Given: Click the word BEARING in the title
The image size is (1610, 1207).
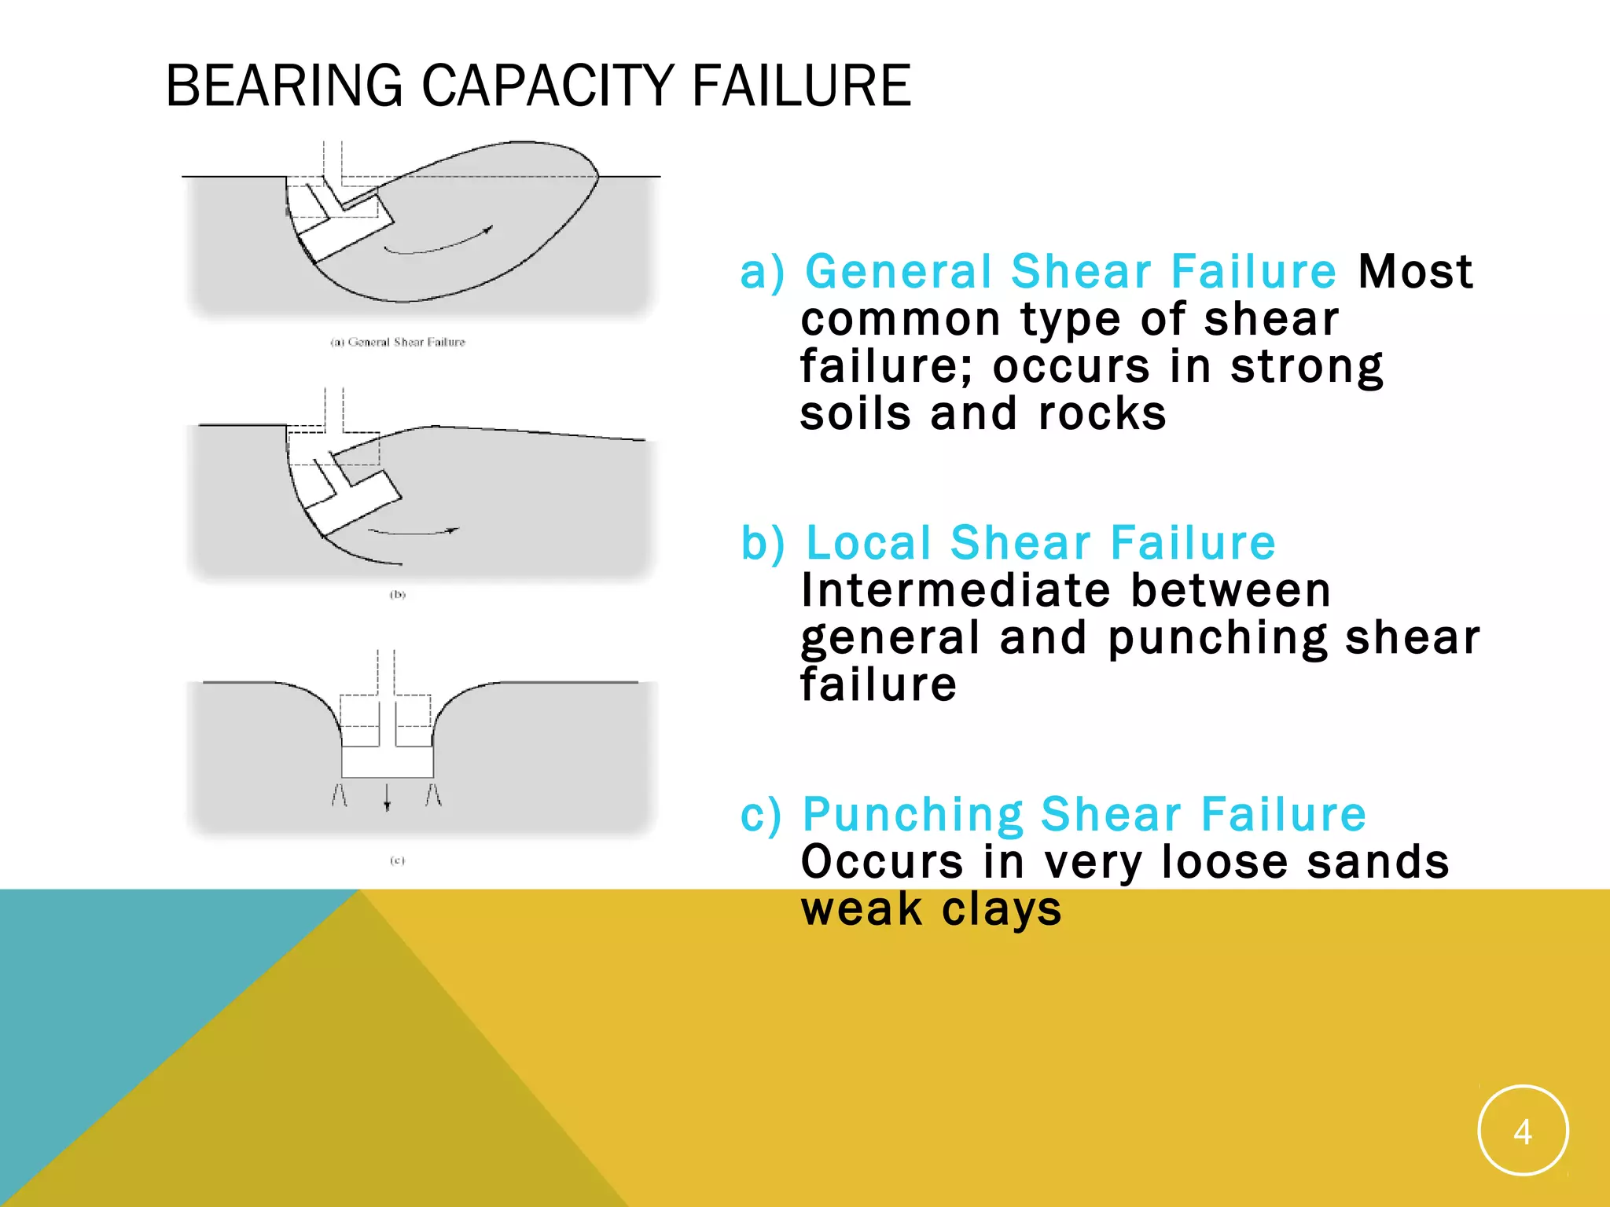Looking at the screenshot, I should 284,86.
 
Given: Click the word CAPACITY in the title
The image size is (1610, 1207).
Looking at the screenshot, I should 548,86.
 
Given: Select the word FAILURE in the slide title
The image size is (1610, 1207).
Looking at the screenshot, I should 801,86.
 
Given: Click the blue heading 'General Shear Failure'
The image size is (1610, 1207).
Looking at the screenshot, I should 1071,272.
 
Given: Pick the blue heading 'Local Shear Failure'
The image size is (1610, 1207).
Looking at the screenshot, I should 1041,543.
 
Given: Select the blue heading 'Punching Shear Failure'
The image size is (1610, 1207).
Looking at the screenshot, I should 1084,814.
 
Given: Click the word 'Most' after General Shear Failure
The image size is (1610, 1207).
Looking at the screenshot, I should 1415,272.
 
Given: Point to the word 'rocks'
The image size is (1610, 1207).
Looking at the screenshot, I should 1102,414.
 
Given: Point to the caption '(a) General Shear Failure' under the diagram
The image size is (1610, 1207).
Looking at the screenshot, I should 398,342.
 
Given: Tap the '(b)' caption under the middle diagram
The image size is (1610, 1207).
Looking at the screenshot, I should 398,595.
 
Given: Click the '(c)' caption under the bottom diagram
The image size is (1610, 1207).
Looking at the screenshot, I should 398,860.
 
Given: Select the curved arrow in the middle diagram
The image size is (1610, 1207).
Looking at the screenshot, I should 413,532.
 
